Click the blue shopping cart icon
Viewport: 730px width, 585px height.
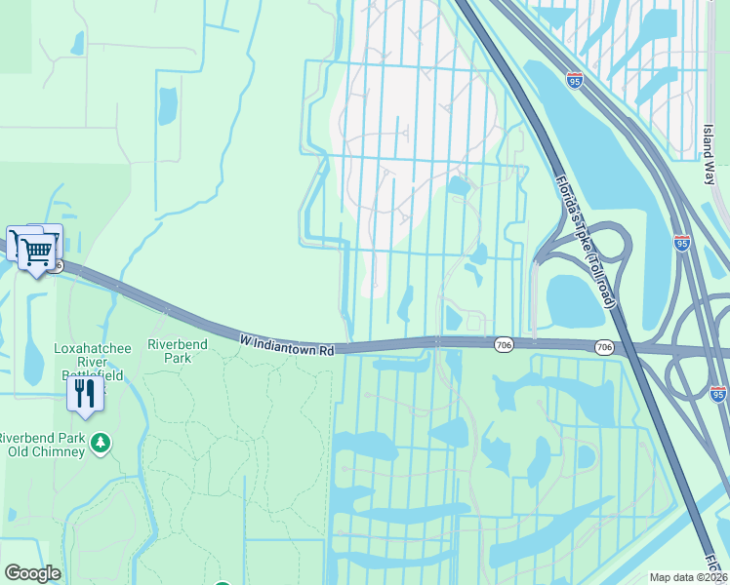tap(38, 252)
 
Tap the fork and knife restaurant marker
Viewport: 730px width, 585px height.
tap(85, 393)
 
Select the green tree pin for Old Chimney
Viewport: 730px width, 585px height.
tap(100, 444)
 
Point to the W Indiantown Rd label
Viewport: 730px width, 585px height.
tap(287, 342)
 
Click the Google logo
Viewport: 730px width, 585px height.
tap(32, 573)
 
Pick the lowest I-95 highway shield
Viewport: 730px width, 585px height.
tap(718, 394)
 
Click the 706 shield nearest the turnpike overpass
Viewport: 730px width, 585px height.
tap(604, 347)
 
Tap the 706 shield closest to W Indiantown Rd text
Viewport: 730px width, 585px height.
tap(504, 345)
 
